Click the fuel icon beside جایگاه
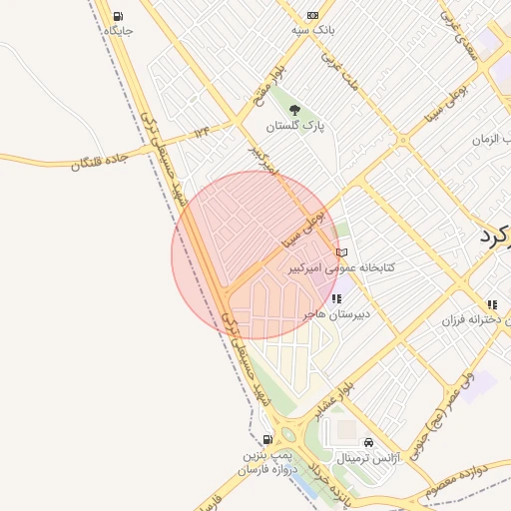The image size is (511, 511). point(119,16)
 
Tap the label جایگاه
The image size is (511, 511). point(118,31)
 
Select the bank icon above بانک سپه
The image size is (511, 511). point(312,15)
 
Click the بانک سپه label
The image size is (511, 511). point(313,30)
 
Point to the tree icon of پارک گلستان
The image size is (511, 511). point(294,110)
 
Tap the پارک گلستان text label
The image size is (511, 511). point(296,127)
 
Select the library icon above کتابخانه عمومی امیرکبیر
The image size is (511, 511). point(342,253)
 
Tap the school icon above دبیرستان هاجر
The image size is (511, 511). point(336,298)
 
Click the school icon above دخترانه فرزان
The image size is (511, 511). point(491,304)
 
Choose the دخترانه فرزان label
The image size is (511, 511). point(478,320)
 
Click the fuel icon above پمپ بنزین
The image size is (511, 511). point(267,439)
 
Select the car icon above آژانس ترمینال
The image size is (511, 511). point(368,442)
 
